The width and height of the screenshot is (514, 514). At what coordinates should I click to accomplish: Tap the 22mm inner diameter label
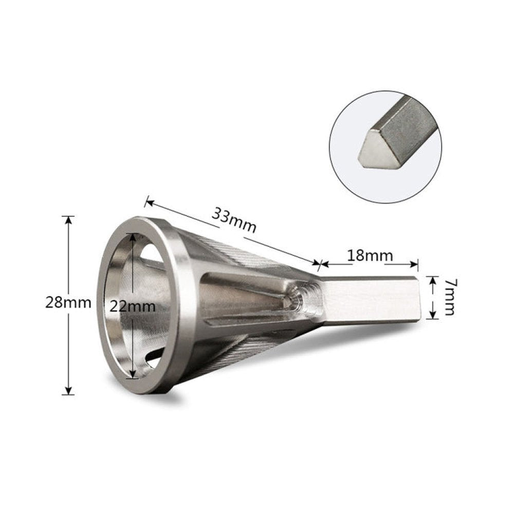133,306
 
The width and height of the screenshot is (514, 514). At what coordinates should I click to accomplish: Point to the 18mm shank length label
370,255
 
